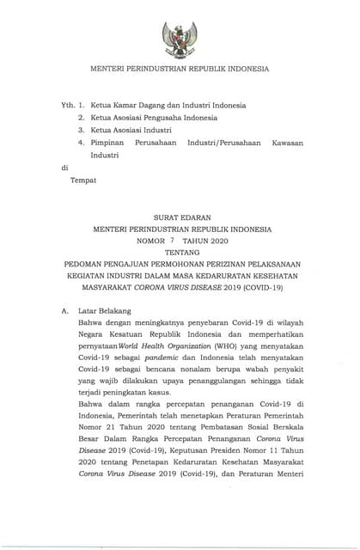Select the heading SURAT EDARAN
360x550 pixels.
[180, 218]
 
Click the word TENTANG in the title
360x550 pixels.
[180, 254]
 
